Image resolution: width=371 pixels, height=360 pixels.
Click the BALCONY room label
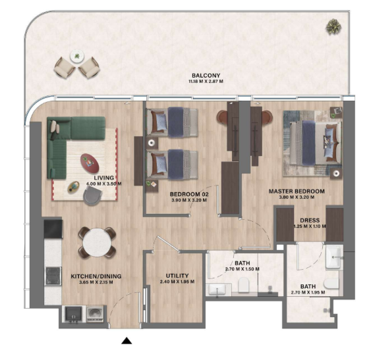click(x=206, y=76)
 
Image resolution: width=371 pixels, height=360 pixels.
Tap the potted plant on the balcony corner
click(x=333, y=26)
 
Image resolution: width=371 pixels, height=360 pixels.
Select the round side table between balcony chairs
click(x=77, y=57)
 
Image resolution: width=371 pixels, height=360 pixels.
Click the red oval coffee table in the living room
click(x=90, y=163)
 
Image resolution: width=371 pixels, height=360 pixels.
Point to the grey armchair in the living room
click(x=93, y=195)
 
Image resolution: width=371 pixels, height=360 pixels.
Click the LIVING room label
click(x=104, y=178)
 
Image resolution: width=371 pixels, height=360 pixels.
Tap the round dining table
click(x=97, y=242)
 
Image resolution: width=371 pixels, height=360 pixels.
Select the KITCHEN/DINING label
click(x=96, y=276)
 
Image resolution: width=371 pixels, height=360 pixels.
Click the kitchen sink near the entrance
click(x=73, y=314)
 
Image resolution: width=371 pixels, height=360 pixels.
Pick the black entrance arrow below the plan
click(x=127, y=341)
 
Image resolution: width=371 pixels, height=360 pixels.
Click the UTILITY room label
click(x=177, y=276)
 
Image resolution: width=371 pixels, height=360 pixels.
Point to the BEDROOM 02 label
click(x=189, y=194)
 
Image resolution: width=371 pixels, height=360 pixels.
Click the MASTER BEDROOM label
click(x=297, y=192)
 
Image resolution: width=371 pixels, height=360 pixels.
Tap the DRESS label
click(x=310, y=220)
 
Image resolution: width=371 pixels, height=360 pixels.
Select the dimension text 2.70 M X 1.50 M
click(x=243, y=269)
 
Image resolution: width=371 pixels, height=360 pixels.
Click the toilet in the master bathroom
click(x=331, y=283)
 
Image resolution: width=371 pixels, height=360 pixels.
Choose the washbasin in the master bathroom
click(x=334, y=257)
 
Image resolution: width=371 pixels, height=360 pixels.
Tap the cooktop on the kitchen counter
click(x=53, y=276)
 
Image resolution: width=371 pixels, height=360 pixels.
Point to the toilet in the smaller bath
click(x=244, y=284)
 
